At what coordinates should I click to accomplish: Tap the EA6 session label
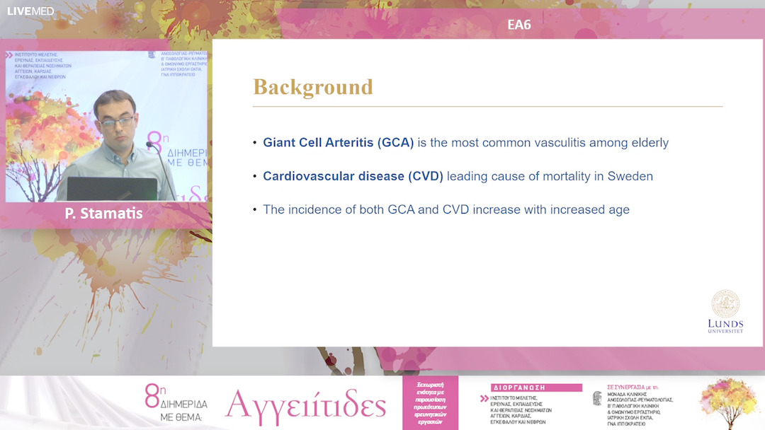(x=519, y=25)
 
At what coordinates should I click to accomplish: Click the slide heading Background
(x=313, y=87)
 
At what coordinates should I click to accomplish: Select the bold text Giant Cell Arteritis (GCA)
(x=338, y=143)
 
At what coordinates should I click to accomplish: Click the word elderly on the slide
(x=648, y=143)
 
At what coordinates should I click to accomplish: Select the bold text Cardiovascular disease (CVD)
(x=353, y=176)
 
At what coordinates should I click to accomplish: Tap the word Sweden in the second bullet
(x=630, y=176)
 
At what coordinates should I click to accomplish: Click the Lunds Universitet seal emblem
(x=725, y=303)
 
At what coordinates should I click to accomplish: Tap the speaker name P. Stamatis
(x=103, y=213)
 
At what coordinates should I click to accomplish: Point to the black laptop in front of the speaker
(x=112, y=189)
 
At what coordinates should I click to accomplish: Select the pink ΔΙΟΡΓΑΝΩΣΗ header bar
(x=536, y=388)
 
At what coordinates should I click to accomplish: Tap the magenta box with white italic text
(x=430, y=402)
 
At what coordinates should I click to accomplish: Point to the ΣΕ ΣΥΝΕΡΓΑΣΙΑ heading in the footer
(x=633, y=388)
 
